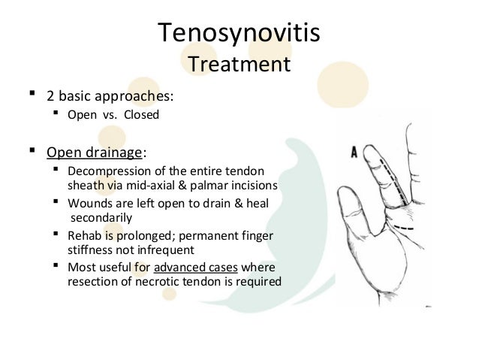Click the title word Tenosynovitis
coord(239,32)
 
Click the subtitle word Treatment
coord(239,64)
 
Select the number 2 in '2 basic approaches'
coord(51,97)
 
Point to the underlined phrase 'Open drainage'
coord(94,153)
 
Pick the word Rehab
coord(84,236)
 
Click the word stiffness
coord(88,250)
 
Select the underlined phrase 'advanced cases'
coord(188,268)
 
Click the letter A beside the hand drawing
coord(354,153)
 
